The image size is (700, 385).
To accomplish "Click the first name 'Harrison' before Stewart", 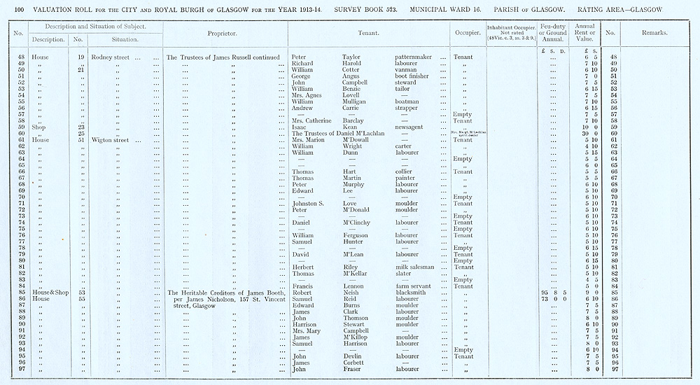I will [x=305, y=324].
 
